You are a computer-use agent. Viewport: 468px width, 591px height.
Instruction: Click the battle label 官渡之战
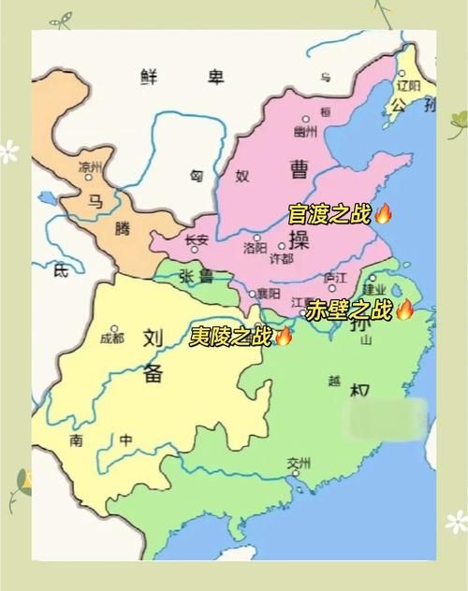[330, 215]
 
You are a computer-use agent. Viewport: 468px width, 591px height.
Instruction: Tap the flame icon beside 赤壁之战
[404, 310]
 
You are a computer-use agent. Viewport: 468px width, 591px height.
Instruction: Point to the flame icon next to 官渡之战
[383, 214]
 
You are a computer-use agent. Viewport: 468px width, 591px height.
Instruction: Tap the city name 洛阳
[255, 248]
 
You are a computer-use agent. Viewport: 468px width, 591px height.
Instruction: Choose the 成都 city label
[111, 338]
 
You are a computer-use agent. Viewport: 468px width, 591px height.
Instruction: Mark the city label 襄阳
[270, 293]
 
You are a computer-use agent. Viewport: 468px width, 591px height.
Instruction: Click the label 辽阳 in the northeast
[408, 84]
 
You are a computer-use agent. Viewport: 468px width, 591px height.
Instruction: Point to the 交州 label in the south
[299, 462]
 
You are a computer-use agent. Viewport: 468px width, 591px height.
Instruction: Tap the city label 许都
[281, 258]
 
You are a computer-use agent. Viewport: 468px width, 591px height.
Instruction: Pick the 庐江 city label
[334, 278]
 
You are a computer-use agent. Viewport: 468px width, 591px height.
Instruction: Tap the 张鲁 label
[198, 277]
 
